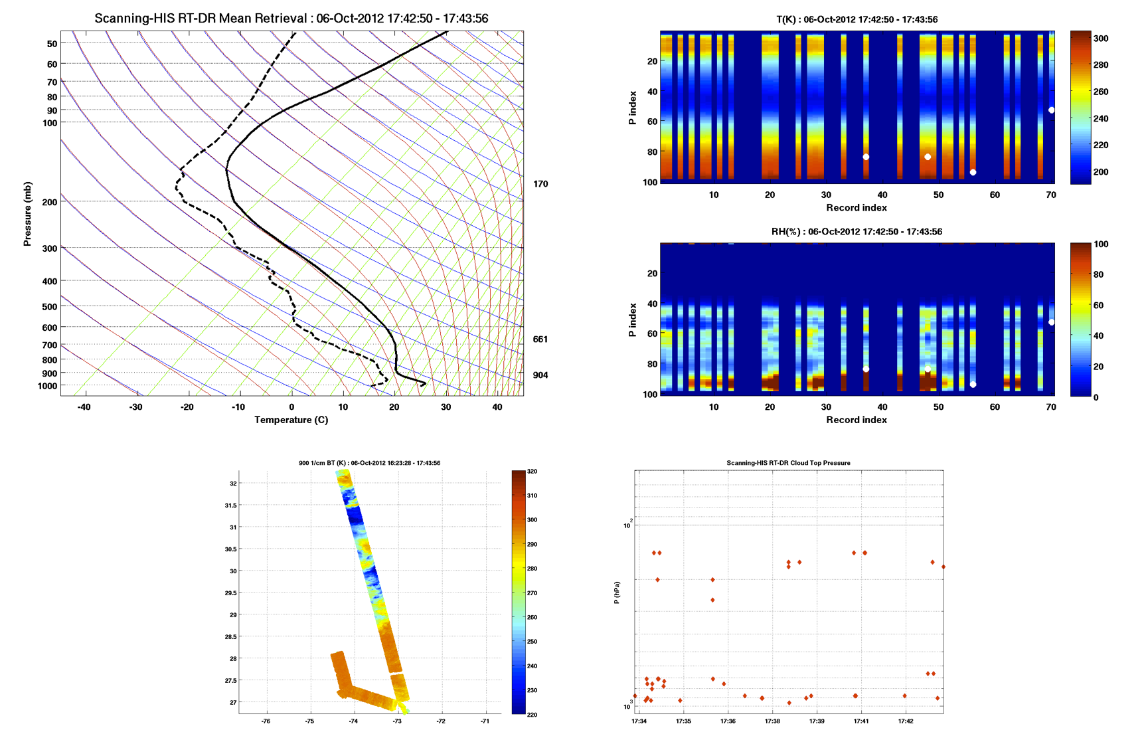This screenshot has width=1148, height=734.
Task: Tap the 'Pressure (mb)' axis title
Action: pos(27,213)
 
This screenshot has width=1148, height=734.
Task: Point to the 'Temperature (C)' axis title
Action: pos(291,420)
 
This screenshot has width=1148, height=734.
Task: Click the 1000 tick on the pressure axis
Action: pos(47,386)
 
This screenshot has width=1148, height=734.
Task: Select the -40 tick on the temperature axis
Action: pos(84,407)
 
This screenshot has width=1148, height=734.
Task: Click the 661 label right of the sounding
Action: pos(540,339)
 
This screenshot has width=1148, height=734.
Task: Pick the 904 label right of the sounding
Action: pos(540,375)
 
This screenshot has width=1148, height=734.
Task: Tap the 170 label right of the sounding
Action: pos(540,184)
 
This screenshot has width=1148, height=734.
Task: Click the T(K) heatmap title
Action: pos(857,19)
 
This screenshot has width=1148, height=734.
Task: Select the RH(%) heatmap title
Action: pos(857,232)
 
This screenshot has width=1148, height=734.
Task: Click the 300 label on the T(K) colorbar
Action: pos(1101,39)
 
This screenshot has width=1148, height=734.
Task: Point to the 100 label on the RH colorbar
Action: pos(1101,244)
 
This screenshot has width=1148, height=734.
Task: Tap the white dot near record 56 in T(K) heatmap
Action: pos(973,173)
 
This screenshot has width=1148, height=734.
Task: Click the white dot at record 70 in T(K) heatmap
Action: pos(1051,110)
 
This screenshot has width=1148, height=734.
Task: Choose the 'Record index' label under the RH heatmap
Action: pos(857,420)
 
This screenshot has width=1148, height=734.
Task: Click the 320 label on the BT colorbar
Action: pos(532,472)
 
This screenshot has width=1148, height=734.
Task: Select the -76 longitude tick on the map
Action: pos(266,721)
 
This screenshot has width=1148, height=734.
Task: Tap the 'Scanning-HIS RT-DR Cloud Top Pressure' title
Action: pos(788,463)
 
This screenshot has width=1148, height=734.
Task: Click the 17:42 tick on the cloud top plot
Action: pos(906,721)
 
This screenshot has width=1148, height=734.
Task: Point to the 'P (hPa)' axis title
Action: pos(617,593)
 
